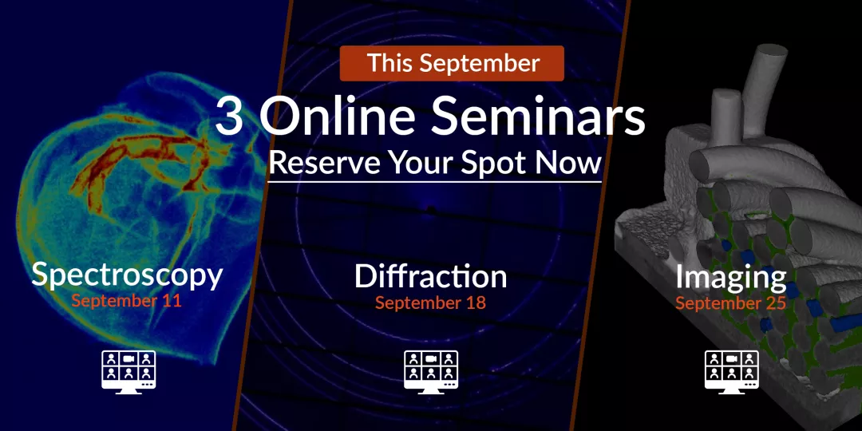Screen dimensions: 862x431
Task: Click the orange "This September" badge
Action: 452,63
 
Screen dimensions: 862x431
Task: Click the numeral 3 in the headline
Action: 229,117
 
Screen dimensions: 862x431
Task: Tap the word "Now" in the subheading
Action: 570,163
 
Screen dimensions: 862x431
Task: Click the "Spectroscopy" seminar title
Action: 127,275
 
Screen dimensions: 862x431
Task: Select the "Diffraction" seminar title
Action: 430,276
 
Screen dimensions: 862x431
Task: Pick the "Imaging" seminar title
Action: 730,278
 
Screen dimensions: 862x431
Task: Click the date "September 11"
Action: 126,301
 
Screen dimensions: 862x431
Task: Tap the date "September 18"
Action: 430,302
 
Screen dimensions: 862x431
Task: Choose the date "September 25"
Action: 730,303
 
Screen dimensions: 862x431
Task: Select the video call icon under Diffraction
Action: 431,372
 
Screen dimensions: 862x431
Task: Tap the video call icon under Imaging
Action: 732,372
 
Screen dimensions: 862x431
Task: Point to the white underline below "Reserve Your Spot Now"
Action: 435,181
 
